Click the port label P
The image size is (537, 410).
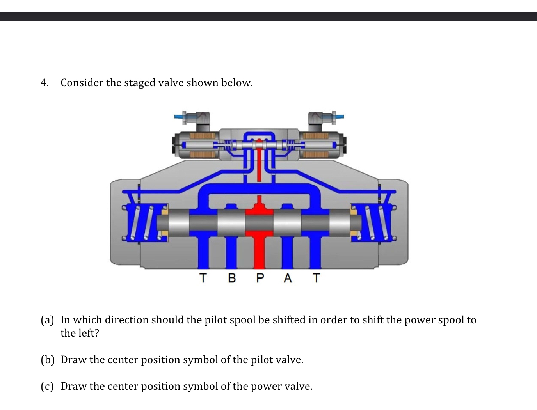260,278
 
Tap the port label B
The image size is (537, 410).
231,278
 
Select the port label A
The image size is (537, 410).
288,278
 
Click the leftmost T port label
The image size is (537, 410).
203,278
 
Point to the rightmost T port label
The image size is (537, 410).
316,278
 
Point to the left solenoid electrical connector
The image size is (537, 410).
199,119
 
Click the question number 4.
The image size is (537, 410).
44,83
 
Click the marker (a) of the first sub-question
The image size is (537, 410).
48,320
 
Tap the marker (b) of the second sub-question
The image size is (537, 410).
48,360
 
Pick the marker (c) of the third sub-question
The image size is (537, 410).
48,386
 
